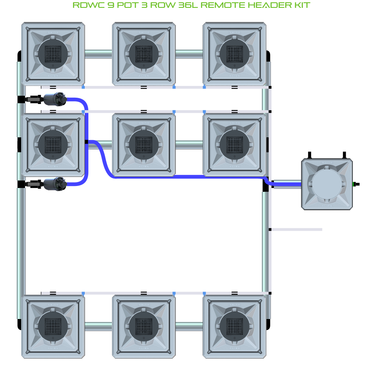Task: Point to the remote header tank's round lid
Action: [x=326, y=184]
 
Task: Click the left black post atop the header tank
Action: [x=309, y=155]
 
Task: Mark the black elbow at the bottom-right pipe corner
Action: [x=269, y=324]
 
